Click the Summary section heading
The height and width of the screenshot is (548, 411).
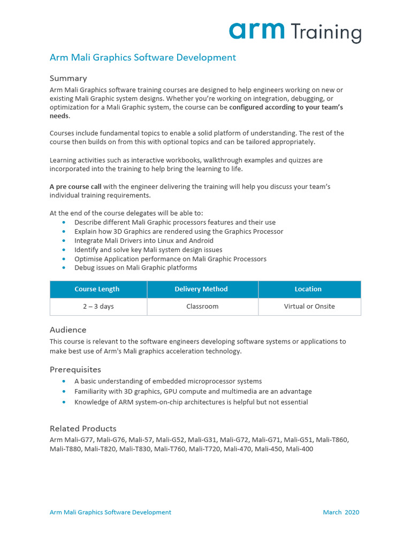[68, 78]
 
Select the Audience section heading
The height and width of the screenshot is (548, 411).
[68, 330]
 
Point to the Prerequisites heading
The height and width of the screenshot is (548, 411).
[75, 369]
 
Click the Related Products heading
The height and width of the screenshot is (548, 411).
[83, 428]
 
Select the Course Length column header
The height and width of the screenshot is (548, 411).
[97, 289]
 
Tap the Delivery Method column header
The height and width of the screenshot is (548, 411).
[201, 289]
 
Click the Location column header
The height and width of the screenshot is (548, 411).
[308, 289]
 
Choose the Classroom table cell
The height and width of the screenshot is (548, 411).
[202, 307]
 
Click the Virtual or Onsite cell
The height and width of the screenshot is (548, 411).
[309, 307]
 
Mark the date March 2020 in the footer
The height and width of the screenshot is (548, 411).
[341, 512]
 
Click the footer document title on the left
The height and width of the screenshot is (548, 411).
[110, 512]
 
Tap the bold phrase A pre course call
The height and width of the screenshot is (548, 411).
[75, 186]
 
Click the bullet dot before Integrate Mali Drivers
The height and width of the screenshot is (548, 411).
[64, 241]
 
